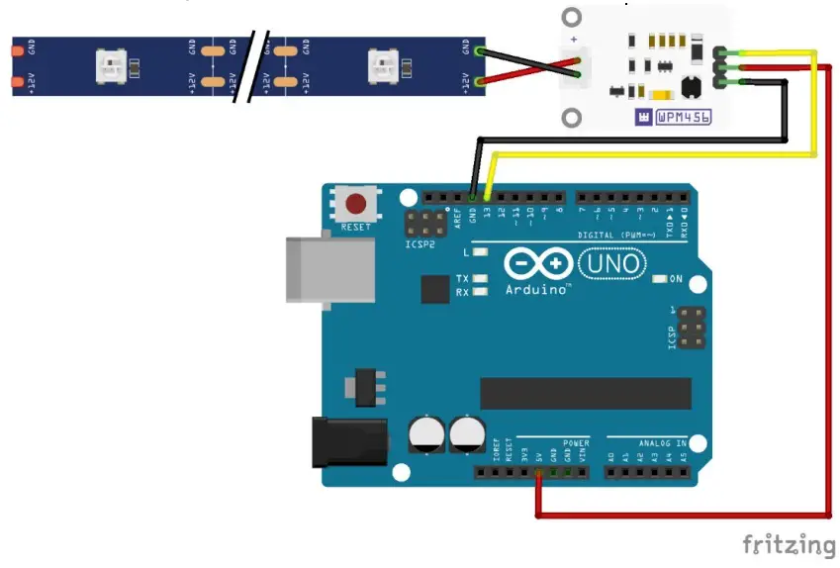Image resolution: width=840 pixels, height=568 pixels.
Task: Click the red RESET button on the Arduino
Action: [x=354, y=205]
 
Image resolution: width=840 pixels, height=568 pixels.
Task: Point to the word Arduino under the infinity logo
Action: [x=538, y=289]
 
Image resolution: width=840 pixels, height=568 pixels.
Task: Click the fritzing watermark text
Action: [x=789, y=544]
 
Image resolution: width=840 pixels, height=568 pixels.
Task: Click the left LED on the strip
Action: [x=109, y=66]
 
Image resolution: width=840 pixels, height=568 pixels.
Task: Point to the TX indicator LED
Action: [x=480, y=279]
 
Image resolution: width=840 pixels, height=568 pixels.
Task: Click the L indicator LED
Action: [x=480, y=252]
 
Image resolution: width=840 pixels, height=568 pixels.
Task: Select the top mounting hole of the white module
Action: [x=573, y=18]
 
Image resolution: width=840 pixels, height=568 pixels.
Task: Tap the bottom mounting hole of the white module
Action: [x=573, y=118]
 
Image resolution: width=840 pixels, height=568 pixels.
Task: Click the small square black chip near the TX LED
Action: [x=435, y=289]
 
